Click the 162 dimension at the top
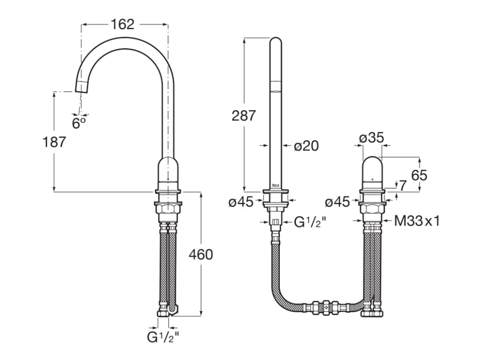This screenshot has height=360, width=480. click(x=122, y=24)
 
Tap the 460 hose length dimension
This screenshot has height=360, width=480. click(x=201, y=254)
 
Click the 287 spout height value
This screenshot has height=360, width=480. click(x=243, y=116)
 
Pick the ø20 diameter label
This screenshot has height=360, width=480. click(x=307, y=146)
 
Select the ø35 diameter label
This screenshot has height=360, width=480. click(x=372, y=138)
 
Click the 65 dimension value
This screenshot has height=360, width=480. click(x=419, y=175)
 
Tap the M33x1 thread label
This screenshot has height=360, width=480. click(x=417, y=222)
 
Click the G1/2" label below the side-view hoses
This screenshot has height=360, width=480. click(x=162, y=338)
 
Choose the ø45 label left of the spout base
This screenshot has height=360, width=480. click(x=241, y=202)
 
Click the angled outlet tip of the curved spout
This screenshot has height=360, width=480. click(x=82, y=86)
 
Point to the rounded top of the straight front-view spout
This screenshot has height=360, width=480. click(x=276, y=44)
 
